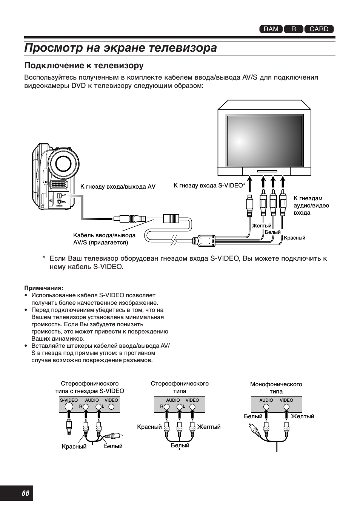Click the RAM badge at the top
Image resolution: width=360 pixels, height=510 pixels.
(271, 29)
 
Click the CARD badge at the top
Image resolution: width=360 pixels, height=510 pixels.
(319, 29)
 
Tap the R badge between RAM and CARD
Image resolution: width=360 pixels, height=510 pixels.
(294, 29)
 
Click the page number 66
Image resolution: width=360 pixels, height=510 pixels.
(26, 493)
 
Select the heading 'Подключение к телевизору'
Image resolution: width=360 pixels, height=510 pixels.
(84, 66)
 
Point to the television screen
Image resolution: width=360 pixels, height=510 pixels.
(264, 141)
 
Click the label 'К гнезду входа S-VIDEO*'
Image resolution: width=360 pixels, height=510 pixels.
(209, 186)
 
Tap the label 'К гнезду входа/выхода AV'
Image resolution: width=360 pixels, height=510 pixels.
(118, 186)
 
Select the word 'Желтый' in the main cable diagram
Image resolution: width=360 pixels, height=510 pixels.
(262, 226)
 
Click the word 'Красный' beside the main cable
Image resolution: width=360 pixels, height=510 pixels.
(294, 238)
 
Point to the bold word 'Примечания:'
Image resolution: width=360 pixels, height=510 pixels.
(44, 288)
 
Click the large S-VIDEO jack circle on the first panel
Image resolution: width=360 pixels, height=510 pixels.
(69, 407)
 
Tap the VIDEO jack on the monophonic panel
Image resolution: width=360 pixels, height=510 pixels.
(286, 407)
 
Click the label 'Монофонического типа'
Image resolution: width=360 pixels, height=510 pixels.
(276, 388)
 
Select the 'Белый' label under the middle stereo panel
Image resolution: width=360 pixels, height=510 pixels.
(180, 445)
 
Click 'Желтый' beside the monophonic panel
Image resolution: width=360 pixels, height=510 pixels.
(302, 416)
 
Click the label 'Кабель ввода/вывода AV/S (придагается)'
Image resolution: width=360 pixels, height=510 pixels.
(104, 239)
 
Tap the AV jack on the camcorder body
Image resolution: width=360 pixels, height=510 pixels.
(59, 196)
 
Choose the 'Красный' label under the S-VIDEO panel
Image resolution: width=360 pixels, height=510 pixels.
(74, 447)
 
